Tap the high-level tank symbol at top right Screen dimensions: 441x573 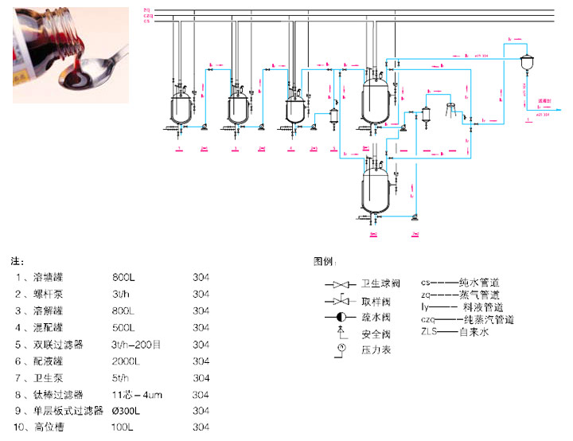pos(526,63)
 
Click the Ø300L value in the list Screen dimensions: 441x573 pos(128,411)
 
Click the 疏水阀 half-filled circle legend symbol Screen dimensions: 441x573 pos(339,316)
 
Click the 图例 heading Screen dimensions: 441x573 pos(326,261)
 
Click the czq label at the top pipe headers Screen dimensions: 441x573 pos(148,15)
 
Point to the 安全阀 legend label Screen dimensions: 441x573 pos(374,334)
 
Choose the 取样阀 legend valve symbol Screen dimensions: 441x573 pos(339,300)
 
